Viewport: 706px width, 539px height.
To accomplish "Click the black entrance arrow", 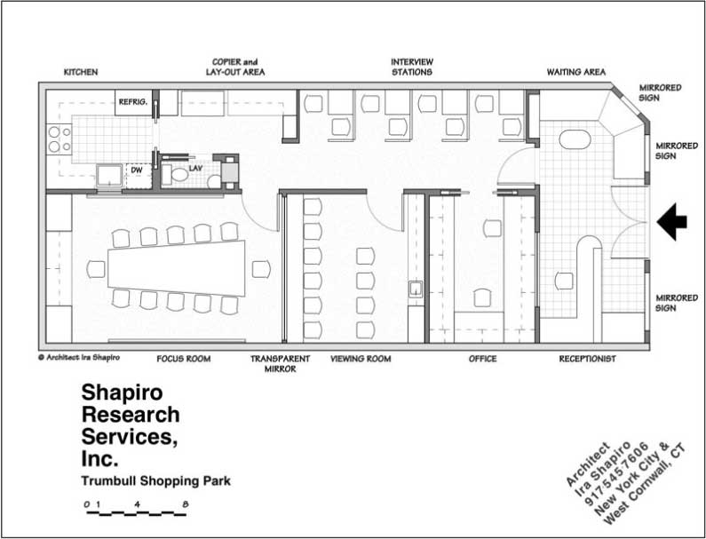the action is click(671, 221).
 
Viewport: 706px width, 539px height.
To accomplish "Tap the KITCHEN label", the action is click(81, 72).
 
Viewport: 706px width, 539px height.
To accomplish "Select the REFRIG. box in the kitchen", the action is click(133, 102).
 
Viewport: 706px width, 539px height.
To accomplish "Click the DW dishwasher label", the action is click(137, 170).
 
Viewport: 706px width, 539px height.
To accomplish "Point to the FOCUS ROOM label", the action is click(184, 359).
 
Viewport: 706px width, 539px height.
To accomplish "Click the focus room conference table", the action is click(177, 268).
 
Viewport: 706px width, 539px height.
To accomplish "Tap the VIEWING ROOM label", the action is click(361, 359).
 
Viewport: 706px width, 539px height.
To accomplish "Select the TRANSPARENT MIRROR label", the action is click(280, 364).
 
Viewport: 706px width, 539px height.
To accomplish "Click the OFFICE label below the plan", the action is click(483, 359).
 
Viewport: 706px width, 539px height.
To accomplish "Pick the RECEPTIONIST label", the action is click(588, 359).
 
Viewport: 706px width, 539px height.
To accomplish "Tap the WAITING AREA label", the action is click(576, 72).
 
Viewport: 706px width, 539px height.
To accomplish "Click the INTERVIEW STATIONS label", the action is click(412, 67).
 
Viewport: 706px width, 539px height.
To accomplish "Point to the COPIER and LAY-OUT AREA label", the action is click(235, 67).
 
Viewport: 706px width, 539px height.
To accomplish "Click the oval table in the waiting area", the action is click(575, 139).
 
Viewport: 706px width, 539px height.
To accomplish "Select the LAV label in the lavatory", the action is click(196, 168).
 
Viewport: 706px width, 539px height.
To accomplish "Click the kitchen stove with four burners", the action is click(59, 139).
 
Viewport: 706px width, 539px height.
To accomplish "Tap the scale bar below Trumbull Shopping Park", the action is click(137, 513).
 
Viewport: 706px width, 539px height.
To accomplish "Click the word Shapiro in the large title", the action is click(122, 392).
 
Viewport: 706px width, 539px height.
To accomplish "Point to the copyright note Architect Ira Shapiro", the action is click(79, 358).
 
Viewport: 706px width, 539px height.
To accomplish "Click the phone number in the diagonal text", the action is click(617, 473).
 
